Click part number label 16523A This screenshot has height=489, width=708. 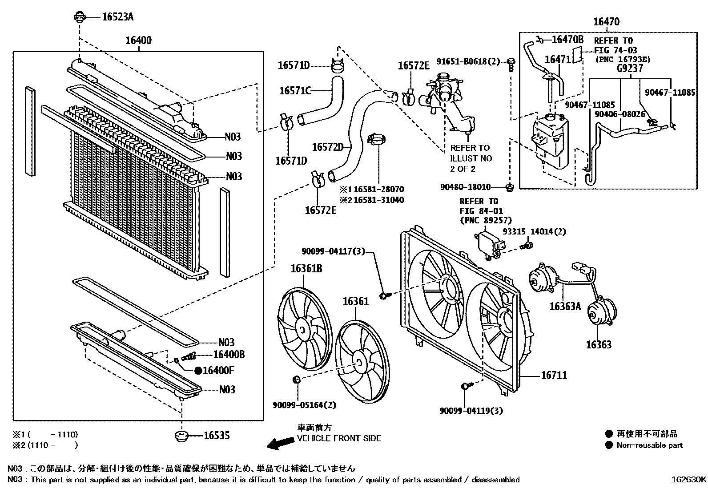pyautogui.click(x=117, y=17)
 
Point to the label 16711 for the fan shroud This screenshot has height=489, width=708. pyautogui.click(x=554, y=376)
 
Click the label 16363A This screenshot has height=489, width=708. pyautogui.click(x=565, y=306)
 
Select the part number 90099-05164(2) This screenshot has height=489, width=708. pyautogui.click(x=304, y=405)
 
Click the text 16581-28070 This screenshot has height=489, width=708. pyautogui.click(x=378, y=189)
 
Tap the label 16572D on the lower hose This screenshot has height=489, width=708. pyautogui.click(x=328, y=147)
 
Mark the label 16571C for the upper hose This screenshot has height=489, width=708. pyautogui.click(x=294, y=91)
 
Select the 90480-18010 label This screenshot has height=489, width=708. pyautogui.click(x=465, y=187)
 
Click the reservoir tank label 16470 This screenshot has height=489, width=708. pyautogui.click(x=606, y=21)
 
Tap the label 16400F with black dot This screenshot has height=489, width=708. pyautogui.click(x=218, y=370)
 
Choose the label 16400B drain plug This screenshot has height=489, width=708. pyautogui.click(x=229, y=355)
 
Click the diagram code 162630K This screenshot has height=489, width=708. pyautogui.click(x=688, y=480)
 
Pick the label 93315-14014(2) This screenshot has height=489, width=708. pyautogui.click(x=534, y=231)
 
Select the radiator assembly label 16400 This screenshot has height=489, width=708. pyautogui.click(x=138, y=40)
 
